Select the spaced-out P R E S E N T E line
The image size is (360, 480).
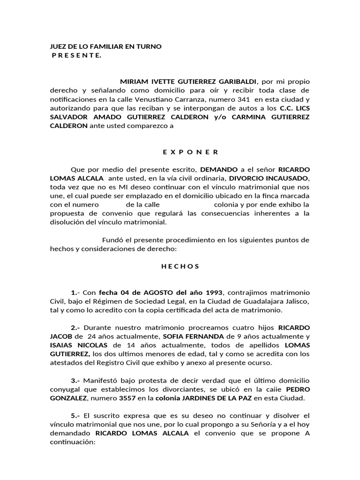click(x=76, y=55)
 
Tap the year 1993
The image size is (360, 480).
click(x=211, y=292)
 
